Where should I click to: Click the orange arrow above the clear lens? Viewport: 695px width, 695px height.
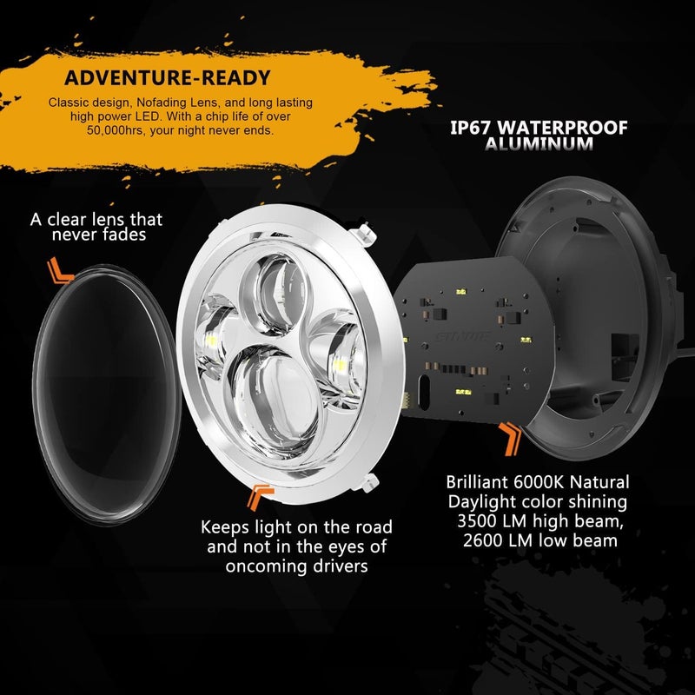(x=60, y=271)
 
